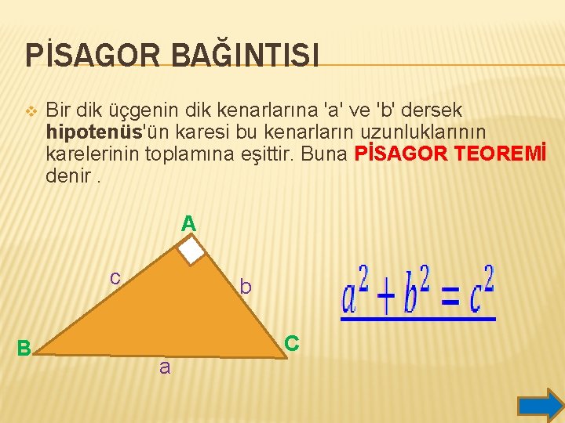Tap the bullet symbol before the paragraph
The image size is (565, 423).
click(31, 111)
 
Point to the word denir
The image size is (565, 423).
click(68, 175)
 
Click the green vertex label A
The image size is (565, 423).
click(188, 224)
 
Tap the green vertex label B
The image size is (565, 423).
click(24, 348)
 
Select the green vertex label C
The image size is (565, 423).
click(291, 343)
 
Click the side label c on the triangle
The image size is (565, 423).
click(115, 277)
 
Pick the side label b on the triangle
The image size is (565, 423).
click(246, 287)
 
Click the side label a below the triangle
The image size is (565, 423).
click(164, 366)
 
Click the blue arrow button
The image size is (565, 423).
click(541, 405)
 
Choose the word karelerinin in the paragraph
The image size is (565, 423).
click(93, 154)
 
